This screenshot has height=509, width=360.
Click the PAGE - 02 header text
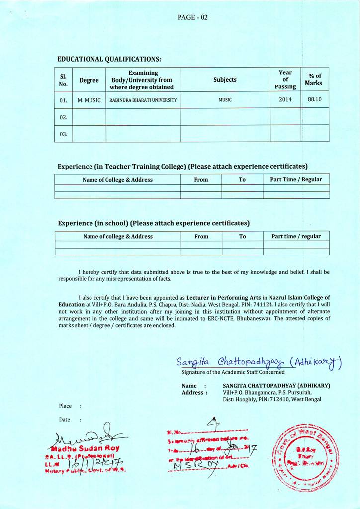click(192, 17)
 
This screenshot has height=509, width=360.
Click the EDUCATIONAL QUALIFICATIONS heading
click(109, 59)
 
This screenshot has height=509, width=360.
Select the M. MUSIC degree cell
click(89, 100)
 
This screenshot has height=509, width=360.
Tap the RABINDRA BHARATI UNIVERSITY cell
click(143, 100)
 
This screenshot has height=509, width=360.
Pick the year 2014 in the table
click(285, 99)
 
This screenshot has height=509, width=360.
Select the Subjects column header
click(225, 80)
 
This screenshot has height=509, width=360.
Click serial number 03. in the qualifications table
click(63, 134)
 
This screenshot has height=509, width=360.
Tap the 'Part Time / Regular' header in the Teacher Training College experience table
click(296, 179)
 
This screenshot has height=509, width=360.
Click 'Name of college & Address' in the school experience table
click(118, 236)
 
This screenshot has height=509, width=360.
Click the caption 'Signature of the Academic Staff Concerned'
click(233, 372)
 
